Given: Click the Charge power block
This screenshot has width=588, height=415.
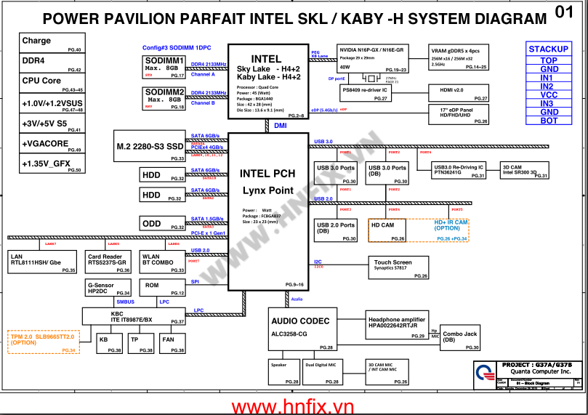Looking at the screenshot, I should (51, 44).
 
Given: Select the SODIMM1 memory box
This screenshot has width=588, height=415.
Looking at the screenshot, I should (164, 66).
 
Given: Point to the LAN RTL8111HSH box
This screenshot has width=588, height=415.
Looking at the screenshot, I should (42, 262).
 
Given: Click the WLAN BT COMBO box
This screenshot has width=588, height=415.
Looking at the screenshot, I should (163, 262).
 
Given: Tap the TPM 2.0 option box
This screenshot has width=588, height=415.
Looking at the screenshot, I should (42, 341).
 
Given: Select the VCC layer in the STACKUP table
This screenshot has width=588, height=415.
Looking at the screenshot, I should (549, 95).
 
